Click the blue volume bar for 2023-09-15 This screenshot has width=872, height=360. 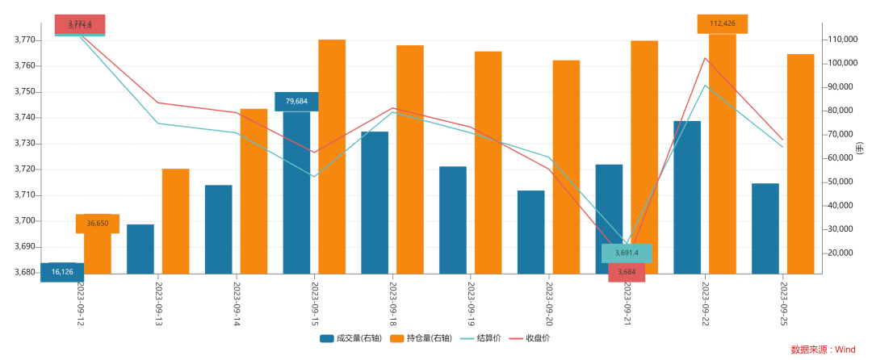tap(296, 194)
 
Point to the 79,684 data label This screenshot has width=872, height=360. tap(296, 102)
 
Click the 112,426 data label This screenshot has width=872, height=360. tap(722, 23)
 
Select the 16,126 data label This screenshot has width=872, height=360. tap(62, 272)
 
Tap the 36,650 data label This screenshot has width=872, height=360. tap(98, 224)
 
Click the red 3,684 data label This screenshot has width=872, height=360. tap(627, 272)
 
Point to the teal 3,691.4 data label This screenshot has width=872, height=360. tap(627, 253)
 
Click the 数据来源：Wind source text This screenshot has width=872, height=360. tap(823, 350)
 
